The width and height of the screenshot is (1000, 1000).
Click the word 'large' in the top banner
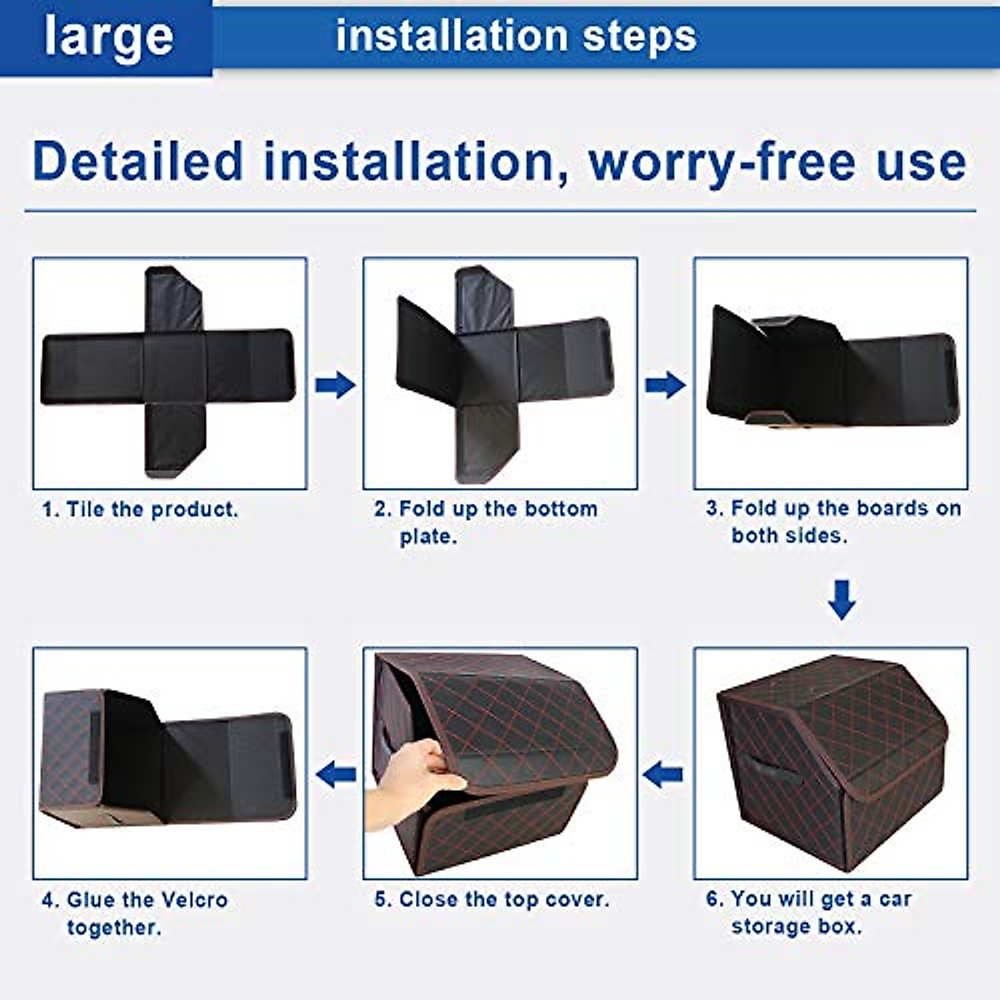tap(108, 37)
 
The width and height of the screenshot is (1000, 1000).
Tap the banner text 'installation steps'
tap(516, 37)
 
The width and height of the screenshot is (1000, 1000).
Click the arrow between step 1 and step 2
tap(335, 384)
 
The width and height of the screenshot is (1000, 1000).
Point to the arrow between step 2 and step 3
tap(665, 384)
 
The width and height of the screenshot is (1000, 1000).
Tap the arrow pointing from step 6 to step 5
tap(663, 774)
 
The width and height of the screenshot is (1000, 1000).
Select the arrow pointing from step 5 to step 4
tap(336, 774)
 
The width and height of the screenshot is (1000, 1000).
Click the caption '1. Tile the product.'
tap(140, 509)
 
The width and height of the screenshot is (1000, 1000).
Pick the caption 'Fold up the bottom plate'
tap(486, 522)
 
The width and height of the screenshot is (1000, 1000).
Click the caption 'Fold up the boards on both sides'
tap(833, 522)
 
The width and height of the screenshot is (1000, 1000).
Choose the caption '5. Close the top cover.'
tap(492, 900)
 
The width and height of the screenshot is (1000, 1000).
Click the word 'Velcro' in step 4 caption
tap(193, 900)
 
